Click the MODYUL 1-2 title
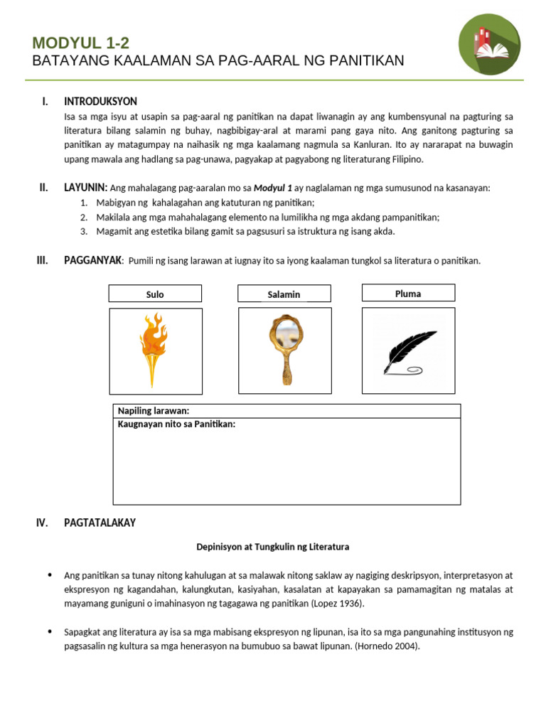(x=80, y=43)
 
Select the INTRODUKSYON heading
(x=100, y=102)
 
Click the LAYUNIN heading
(x=85, y=188)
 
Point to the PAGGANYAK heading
(x=93, y=260)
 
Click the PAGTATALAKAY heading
(x=100, y=523)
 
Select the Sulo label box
(x=155, y=294)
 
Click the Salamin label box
(x=284, y=294)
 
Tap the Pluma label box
(x=408, y=293)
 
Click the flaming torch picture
(x=154, y=350)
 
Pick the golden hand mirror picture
(x=284, y=350)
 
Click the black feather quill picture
(x=409, y=351)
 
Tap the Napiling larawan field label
(x=153, y=411)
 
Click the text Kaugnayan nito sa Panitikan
(x=176, y=424)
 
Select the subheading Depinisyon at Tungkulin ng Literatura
(x=273, y=547)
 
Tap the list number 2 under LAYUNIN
(x=83, y=217)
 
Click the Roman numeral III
(x=42, y=260)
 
